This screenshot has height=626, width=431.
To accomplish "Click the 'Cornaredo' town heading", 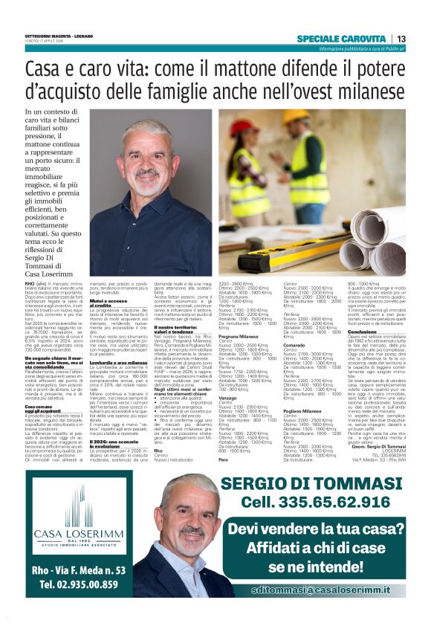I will (x=295, y=346).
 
